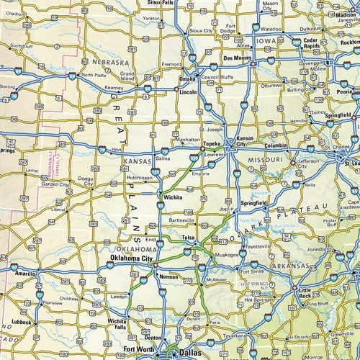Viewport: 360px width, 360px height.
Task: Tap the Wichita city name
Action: pyautogui.click(x=171, y=196)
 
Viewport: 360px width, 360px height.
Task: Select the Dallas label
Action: pyautogui.click(x=192, y=354)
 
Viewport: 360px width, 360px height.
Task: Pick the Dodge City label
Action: pyautogui.click(x=86, y=180)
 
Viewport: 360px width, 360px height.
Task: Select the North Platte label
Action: pyautogui.click(x=95, y=75)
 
